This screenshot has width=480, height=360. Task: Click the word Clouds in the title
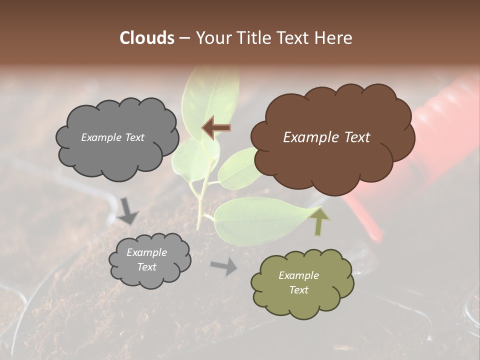coord(147,38)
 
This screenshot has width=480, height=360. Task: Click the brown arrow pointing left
coord(216,127)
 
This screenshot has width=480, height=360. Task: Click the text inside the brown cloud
coord(326,137)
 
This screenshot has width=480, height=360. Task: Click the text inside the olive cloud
coord(298,282)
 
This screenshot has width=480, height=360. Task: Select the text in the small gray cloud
coord(146,260)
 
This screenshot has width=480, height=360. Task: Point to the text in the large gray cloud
coord(112,137)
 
